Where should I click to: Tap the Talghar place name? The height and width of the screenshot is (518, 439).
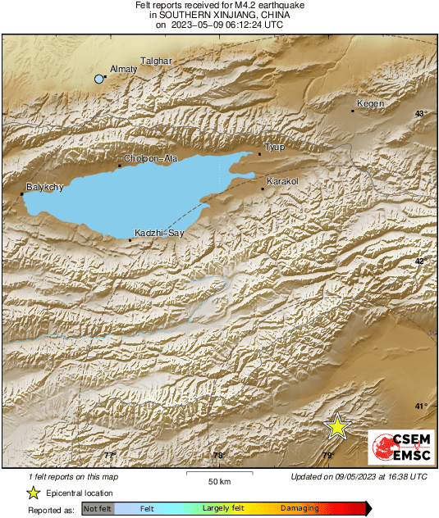(156, 61)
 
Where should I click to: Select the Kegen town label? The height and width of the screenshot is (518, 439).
(371, 104)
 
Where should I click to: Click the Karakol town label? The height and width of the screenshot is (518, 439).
(281, 180)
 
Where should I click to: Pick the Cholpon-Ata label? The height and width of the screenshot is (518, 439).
(145, 158)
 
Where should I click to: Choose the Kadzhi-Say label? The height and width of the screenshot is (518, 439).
(158, 234)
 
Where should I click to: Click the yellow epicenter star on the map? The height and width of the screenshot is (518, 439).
(336, 427)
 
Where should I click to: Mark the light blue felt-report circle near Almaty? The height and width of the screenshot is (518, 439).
(99, 79)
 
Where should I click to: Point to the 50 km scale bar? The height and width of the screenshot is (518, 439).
(217, 473)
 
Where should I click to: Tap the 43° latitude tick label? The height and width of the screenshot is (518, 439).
(421, 114)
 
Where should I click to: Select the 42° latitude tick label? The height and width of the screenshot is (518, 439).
(421, 261)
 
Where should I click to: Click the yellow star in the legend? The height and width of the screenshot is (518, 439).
(33, 493)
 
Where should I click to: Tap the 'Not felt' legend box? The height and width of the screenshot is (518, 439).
(98, 509)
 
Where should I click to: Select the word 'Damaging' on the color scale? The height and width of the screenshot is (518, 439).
(300, 509)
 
